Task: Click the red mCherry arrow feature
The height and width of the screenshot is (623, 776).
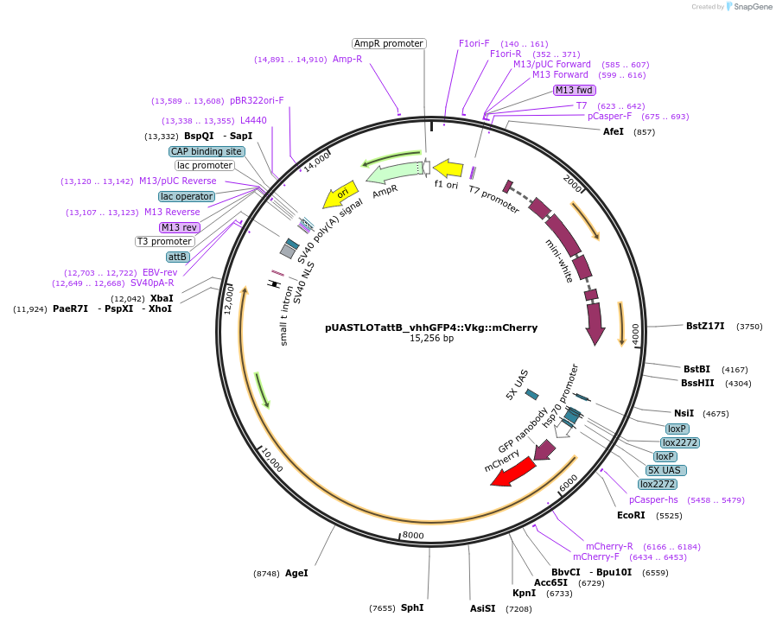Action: (x=513, y=472)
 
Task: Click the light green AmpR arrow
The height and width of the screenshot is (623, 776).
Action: (x=393, y=173)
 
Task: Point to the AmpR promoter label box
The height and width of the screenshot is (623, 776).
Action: (x=389, y=43)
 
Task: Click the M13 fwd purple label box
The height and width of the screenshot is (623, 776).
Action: (x=575, y=90)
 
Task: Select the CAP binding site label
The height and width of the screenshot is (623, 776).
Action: (x=207, y=151)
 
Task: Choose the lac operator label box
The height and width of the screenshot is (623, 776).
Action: (x=187, y=196)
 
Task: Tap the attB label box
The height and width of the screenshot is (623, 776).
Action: (x=178, y=257)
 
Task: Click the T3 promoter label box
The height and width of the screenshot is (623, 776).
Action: (x=165, y=241)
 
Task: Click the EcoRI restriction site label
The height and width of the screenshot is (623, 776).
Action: (x=631, y=515)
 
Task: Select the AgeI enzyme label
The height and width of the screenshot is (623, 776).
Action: (x=296, y=573)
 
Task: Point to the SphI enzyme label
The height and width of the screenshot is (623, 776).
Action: (x=412, y=607)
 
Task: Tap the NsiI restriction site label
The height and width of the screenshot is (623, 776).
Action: (x=684, y=413)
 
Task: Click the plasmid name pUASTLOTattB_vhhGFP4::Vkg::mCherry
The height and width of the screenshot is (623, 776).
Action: (x=431, y=327)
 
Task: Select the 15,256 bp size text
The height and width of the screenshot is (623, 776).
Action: (x=431, y=339)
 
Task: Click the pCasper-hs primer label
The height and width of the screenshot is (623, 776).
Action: (x=653, y=499)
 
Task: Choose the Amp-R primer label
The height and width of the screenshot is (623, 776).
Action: (x=347, y=60)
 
